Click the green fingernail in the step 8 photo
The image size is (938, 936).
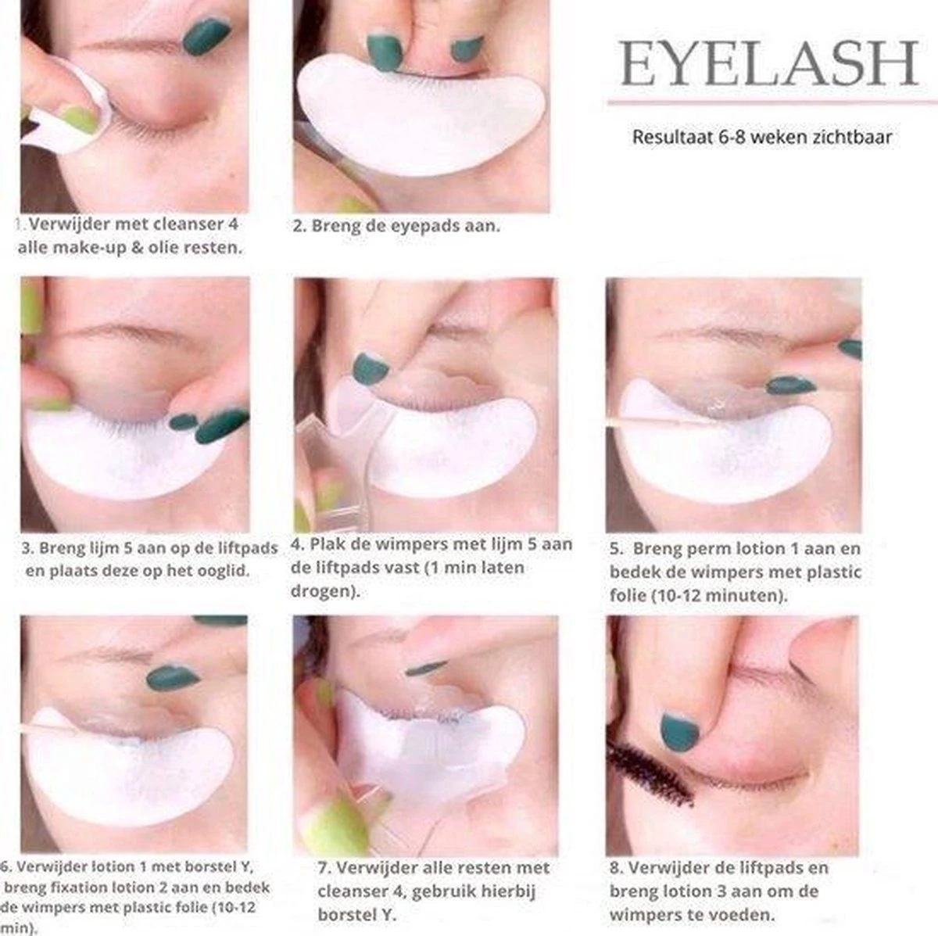(678, 732)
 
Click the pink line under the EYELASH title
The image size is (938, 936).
(768, 102)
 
